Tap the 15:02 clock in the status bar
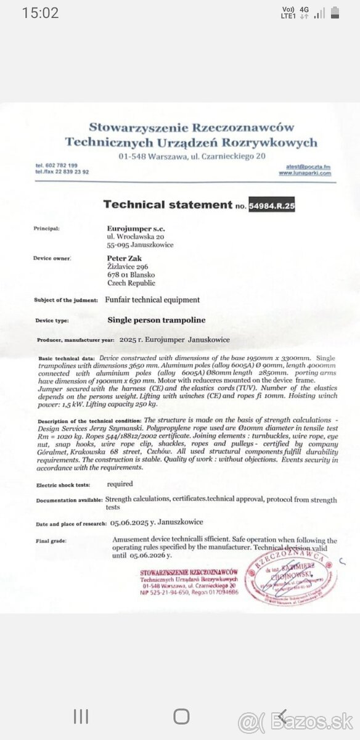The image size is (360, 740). [40, 13]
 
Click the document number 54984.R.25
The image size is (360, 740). [271, 205]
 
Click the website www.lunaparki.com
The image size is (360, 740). [305, 173]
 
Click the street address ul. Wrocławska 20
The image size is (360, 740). [136, 236]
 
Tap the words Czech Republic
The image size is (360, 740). [131, 283]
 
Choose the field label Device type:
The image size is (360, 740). [52, 321]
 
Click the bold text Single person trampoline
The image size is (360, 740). [157, 320]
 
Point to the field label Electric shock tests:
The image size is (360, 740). [62, 485]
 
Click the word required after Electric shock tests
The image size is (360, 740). [120, 484]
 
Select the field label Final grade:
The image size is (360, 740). [50, 541]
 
